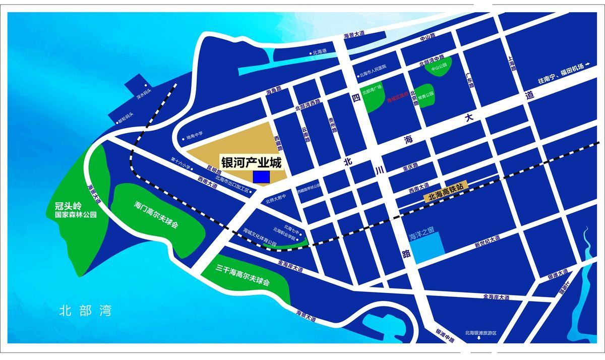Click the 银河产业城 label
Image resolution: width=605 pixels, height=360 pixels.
click(x=251, y=163)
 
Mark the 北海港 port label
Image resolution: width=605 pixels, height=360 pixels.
click(x=321, y=52)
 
